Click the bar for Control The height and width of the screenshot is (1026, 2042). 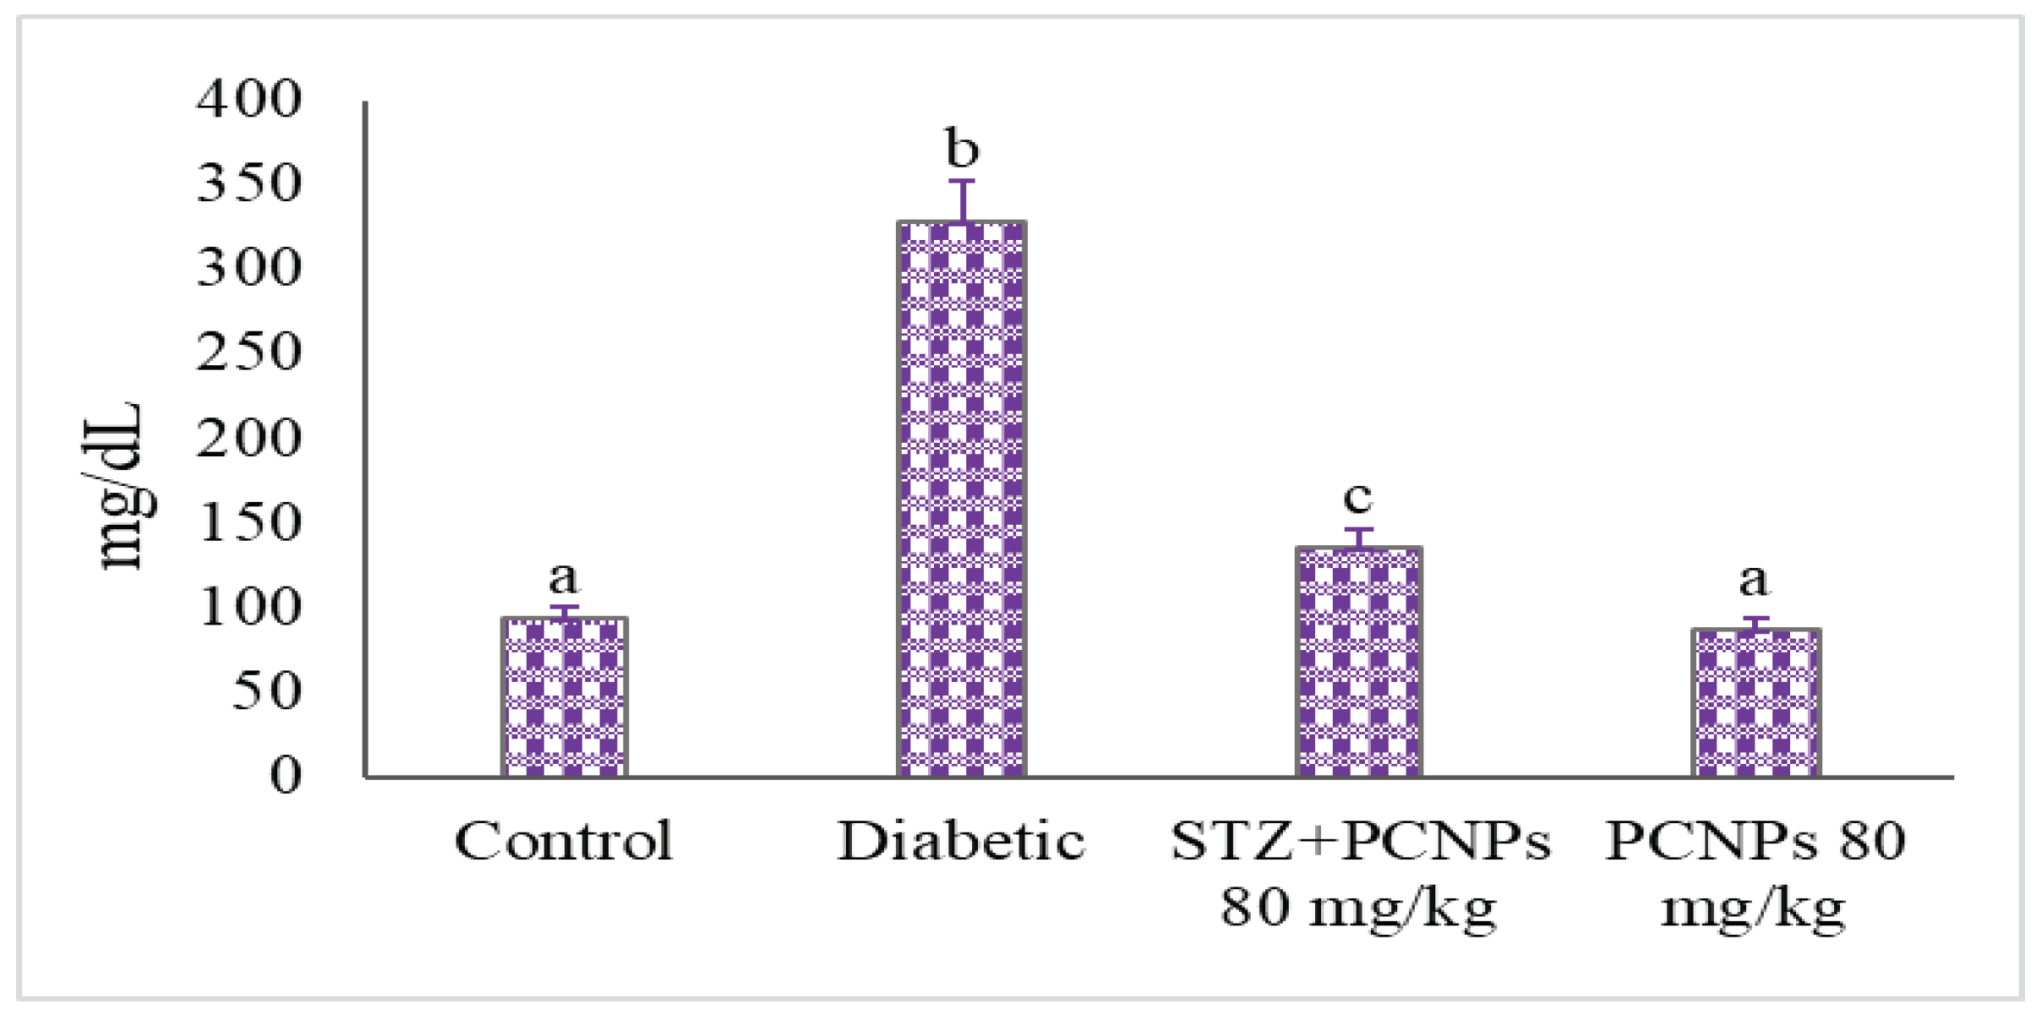(x=564, y=697)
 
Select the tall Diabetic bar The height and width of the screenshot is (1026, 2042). (x=962, y=499)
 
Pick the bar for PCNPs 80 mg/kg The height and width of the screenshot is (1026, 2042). (x=1755, y=702)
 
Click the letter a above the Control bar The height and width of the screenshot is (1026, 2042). (x=564, y=577)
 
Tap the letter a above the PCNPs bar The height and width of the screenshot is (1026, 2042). (x=1754, y=580)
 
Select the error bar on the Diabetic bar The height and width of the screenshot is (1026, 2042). (x=962, y=200)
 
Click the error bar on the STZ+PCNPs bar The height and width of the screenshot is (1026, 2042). (x=1359, y=538)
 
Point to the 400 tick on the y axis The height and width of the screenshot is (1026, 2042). (x=248, y=99)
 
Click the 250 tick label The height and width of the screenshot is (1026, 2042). (x=248, y=352)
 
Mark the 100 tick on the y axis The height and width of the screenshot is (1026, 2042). (x=248, y=607)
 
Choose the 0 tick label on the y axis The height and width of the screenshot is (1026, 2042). (x=285, y=775)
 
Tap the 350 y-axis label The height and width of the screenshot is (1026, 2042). (x=248, y=183)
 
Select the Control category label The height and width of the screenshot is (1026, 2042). (x=564, y=841)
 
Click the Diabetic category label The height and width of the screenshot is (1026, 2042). (x=961, y=841)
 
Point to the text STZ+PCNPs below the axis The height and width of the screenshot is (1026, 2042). (x=1360, y=841)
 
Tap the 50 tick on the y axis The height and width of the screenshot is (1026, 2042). (x=266, y=691)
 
